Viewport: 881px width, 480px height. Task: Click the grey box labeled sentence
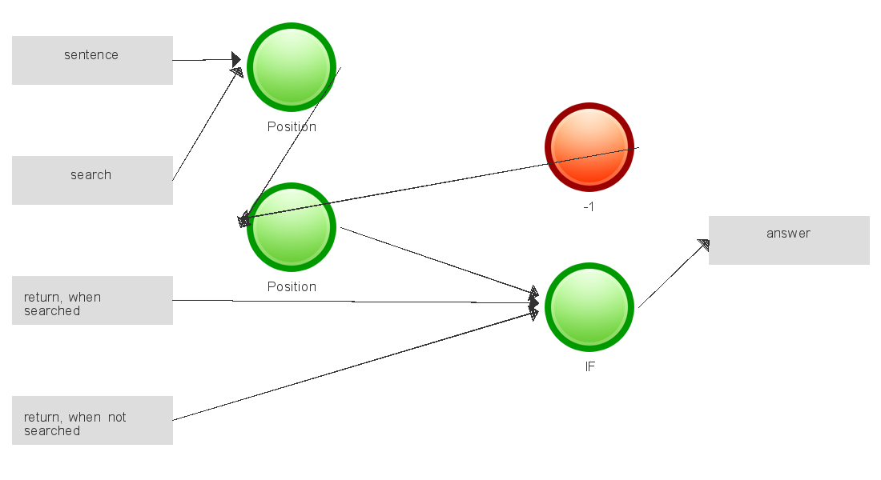(x=92, y=60)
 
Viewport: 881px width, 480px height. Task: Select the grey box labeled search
(x=92, y=180)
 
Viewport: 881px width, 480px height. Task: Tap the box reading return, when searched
(x=92, y=300)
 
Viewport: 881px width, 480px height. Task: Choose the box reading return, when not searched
(x=92, y=420)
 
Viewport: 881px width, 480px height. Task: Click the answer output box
(x=789, y=240)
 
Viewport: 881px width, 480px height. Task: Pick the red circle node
(x=589, y=147)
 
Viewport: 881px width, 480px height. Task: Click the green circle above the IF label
(x=589, y=307)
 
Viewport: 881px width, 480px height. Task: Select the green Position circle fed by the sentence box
(x=291, y=67)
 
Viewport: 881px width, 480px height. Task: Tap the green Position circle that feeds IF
(x=291, y=227)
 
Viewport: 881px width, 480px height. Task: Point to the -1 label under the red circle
(x=589, y=206)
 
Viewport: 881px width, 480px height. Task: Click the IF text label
(x=589, y=367)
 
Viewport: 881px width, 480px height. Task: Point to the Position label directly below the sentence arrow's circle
(x=292, y=127)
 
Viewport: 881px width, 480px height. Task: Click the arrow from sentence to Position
(x=204, y=60)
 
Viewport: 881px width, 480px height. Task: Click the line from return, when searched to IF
(x=352, y=302)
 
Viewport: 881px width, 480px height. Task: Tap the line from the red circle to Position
(x=440, y=183)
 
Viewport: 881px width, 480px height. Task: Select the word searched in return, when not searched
(x=52, y=430)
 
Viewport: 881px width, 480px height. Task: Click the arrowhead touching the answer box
(x=704, y=245)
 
